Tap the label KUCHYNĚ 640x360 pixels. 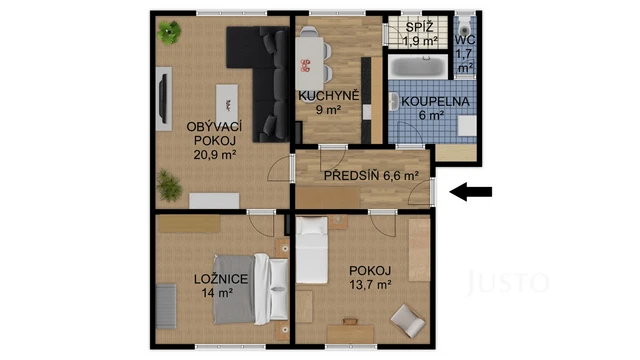pos(322,96)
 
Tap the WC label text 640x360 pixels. pos(465,40)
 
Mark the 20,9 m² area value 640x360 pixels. pos(214,154)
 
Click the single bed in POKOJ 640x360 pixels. pos(313,250)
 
